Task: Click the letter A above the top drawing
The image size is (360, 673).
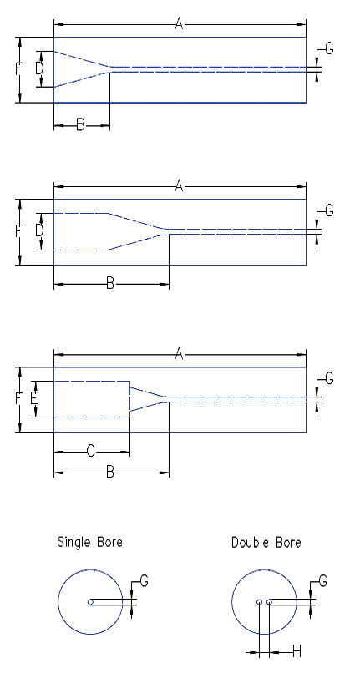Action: coord(179,23)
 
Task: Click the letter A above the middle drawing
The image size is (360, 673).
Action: coord(179,186)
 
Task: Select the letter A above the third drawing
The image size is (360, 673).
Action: coord(179,355)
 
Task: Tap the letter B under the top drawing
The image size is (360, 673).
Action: coord(81,125)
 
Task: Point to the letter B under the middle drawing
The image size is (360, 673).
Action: coord(110,285)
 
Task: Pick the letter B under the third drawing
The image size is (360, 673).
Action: coord(110,473)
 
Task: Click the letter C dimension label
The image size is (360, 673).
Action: coord(91,452)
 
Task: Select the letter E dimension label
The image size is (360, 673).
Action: coord(34,399)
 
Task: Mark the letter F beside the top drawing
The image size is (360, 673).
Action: coord(19,70)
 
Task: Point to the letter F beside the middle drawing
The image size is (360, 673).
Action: coord(19,232)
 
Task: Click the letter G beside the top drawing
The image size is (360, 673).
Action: coord(329,49)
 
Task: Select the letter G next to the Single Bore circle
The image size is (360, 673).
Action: coord(145,580)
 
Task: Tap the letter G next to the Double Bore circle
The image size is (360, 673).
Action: coord(323,580)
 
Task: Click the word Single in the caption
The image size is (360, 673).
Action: coord(73,542)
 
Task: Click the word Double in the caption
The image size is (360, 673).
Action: coord(248,543)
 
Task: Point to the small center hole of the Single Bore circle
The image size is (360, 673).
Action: coord(90,602)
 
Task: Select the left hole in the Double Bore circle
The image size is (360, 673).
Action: coord(260,602)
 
